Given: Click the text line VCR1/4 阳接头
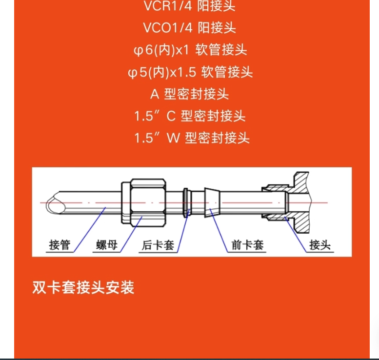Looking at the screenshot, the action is click(189, 6).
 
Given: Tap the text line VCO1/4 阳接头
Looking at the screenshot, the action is click(189, 28).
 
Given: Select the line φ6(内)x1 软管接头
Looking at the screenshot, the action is click(190, 50).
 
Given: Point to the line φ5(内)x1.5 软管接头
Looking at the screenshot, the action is click(190, 72).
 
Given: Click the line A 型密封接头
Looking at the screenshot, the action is click(189, 94).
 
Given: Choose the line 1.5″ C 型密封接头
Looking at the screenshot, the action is click(190, 116).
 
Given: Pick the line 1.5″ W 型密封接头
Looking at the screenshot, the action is click(192, 138).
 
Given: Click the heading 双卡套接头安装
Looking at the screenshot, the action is click(83, 287).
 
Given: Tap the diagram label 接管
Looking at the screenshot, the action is click(60, 245).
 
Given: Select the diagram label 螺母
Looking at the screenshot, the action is click(107, 245).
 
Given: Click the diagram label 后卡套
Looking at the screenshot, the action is click(158, 245).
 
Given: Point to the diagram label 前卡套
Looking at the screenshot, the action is click(247, 245).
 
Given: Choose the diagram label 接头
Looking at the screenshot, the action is click(320, 245).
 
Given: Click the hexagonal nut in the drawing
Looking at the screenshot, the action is click(144, 202).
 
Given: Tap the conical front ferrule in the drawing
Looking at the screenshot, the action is click(212, 202).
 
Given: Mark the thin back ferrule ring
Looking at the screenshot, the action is click(186, 202).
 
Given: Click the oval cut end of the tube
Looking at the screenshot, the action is click(56, 202).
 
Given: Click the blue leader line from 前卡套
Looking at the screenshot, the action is click(219, 230).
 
